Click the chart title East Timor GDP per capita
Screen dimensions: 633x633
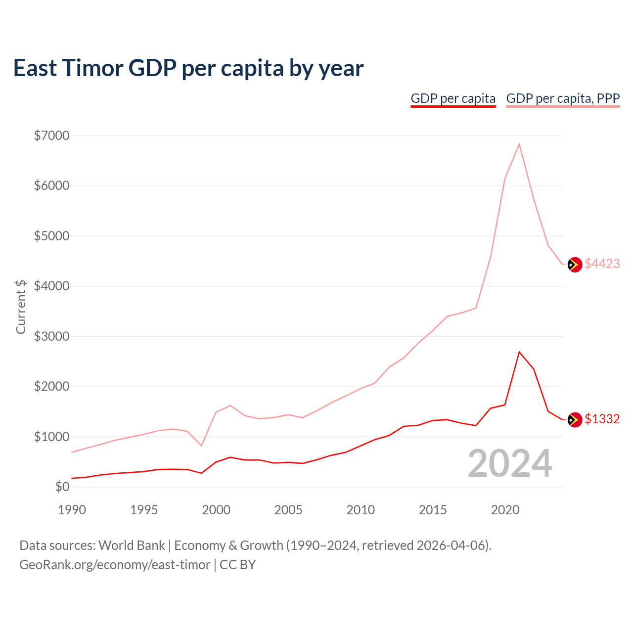(x=188, y=68)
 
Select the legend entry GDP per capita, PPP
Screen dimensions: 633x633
(x=563, y=98)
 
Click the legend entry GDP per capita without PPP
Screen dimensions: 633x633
(x=453, y=98)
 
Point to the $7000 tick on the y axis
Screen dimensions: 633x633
(x=51, y=136)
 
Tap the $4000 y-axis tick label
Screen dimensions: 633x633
(x=51, y=286)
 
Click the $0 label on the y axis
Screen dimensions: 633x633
(x=62, y=487)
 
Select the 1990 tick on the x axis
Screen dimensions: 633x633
(x=72, y=510)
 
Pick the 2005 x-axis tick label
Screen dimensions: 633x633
(x=288, y=510)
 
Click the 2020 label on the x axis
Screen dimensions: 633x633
(x=505, y=510)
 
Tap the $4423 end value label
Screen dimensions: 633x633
(x=602, y=264)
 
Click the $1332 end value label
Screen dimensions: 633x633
(x=602, y=419)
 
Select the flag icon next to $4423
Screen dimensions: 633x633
(x=574, y=265)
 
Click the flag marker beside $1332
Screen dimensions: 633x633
(x=574, y=420)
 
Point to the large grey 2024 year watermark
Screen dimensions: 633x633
(x=510, y=464)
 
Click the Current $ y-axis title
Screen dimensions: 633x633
(x=21, y=307)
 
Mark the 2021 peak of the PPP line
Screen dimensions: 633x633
(x=519, y=144)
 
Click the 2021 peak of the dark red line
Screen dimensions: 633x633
(x=519, y=352)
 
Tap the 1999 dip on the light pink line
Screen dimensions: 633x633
(x=201, y=446)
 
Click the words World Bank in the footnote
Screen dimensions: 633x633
(x=132, y=545)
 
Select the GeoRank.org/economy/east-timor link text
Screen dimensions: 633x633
(x=115, y=565)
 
